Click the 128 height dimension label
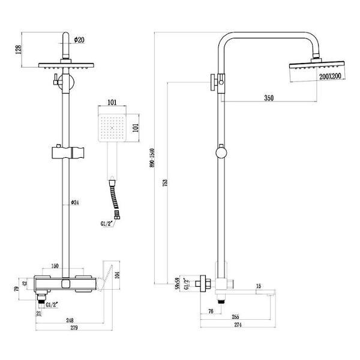pos(18,50)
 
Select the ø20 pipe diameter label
pos(79,40)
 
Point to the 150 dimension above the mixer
pos(55,266)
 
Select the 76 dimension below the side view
pos(211,311)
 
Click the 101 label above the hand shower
pos(112,103)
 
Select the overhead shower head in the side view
pos(311,68)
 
